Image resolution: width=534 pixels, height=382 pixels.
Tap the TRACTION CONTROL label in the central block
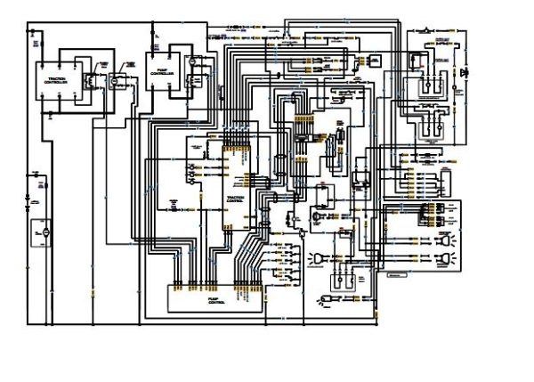236,199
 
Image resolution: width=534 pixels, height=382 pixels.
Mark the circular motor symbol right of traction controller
114,80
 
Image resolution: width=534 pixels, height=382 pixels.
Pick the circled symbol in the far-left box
39,232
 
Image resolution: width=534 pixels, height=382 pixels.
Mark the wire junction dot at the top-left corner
35,32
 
